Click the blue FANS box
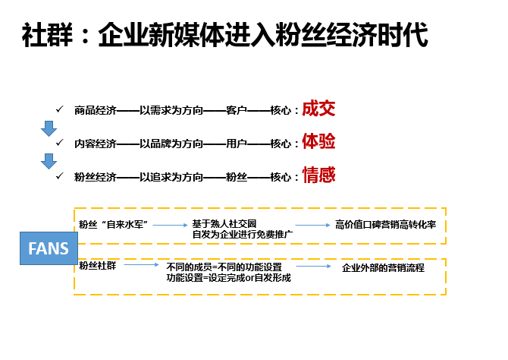tap(49, 248)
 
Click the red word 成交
tap(318, 109)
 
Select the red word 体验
tap(318, 141)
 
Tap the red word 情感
tap(318, 175)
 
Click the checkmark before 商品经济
tap(60, 109)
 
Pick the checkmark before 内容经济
tap(60, 142)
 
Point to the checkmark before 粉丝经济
tap(60, 175)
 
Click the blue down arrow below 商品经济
tap(49, 128)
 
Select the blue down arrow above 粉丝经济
tap(49, 161)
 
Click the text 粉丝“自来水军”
tap(114, 224)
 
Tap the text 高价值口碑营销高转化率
tap(385, 225)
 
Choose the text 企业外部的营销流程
tap(383, 268)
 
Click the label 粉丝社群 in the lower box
tap(97, 266)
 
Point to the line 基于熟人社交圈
tap(224, 223)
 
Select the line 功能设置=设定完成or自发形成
tap(228, 278)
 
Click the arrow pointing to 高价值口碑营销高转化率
tap(312, 225)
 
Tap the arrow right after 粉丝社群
tap(142, 265)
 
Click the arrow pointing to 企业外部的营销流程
tap(314, 266)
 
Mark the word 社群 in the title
tap(47, 35)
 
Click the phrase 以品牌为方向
tap(171, 144)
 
